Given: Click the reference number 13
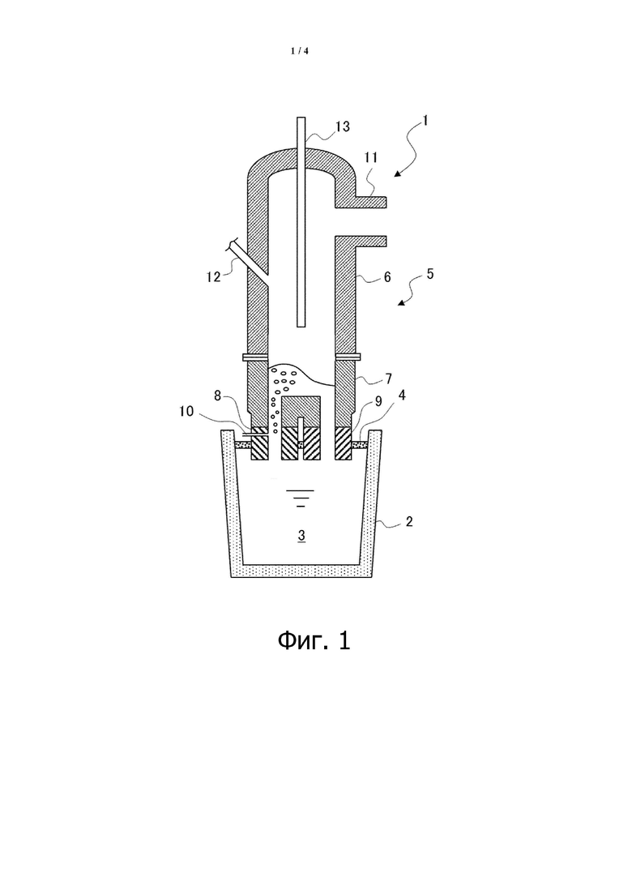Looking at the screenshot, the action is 342,126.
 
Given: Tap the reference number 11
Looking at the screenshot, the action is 371,157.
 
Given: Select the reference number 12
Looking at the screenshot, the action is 213,278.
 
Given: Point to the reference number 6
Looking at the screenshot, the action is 387,277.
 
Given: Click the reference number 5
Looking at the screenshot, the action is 429,274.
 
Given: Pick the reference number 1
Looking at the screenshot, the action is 425,121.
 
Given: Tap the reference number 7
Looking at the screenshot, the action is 388,379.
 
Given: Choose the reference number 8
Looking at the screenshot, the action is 218,396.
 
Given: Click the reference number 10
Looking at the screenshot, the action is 378,401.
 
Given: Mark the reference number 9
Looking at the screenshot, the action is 186,411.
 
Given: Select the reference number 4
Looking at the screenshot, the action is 402,395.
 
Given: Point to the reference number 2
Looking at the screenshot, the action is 408,521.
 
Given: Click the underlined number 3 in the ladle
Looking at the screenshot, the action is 302,536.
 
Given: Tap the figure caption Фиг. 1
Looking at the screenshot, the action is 314,641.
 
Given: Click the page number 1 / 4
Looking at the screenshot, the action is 300,51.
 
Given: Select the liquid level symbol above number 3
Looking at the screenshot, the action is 301,498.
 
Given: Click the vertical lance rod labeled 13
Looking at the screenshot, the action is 301,222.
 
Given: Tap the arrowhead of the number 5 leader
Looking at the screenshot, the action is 400,303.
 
